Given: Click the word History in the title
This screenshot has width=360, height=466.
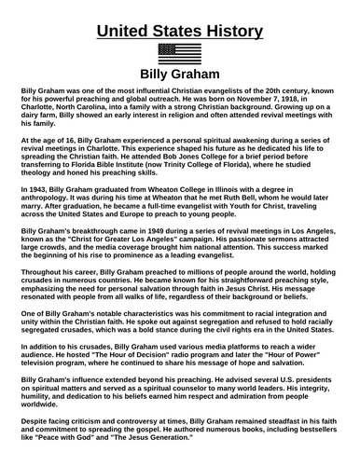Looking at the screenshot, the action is pyautogui.click(x=226, y=31).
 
